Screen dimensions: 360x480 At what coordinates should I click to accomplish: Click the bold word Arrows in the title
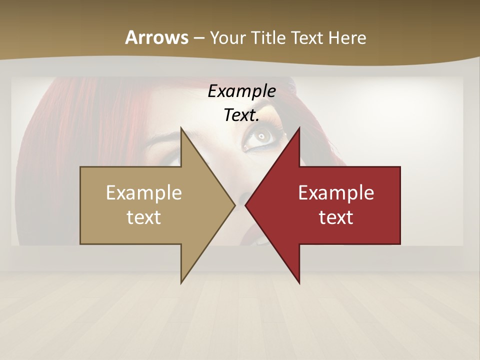click(x=156, y=37)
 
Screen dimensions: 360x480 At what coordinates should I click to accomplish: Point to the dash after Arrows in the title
click(x=198, y=38)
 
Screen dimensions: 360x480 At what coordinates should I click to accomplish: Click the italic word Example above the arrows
click(x=241, y=91)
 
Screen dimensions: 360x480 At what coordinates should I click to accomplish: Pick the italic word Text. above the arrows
click(x=241, y=115)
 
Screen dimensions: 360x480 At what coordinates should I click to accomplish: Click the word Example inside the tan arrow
click(x=144, y=193)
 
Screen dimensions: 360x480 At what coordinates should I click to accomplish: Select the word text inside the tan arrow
click(x=144, y=217)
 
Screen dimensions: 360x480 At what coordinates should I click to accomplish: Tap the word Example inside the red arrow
click(x=336, y=193)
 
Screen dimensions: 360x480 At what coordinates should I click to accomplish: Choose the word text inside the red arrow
click(x=336, y=217)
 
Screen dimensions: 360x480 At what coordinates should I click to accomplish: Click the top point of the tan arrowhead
click(x=182, y=128)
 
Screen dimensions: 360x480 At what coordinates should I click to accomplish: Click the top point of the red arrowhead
click(x=299, y=128)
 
